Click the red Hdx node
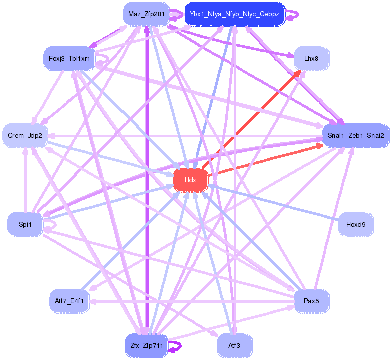(190, 180)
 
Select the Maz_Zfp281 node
(146, 14)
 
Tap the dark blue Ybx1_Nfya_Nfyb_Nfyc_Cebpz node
(234, 14)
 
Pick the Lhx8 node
(311, 59)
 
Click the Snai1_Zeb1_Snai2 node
(356, 135)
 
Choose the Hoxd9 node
(356, 224)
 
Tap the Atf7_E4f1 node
(69, 301)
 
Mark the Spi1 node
(25, 224)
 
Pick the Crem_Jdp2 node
(25, 135)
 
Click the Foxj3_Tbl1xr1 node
(69, 59)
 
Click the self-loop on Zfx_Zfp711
(175, 346)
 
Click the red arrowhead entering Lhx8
(298, 73)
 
